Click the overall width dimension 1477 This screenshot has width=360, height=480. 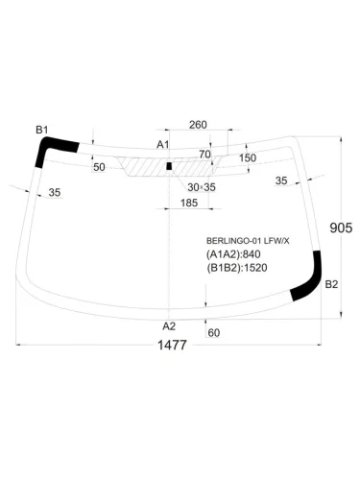(172, 346)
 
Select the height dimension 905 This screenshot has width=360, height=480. (341, 228)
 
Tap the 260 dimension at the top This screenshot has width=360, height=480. (198, 125)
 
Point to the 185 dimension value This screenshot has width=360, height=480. (189, 203)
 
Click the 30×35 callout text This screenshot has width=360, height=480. (202, 187)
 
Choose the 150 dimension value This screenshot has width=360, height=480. (248, 157)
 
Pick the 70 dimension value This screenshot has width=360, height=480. (204, 155)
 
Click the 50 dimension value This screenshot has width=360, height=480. (99, 167)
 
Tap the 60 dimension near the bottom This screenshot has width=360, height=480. (214, 333)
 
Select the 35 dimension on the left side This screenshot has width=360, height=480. (55, 192)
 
